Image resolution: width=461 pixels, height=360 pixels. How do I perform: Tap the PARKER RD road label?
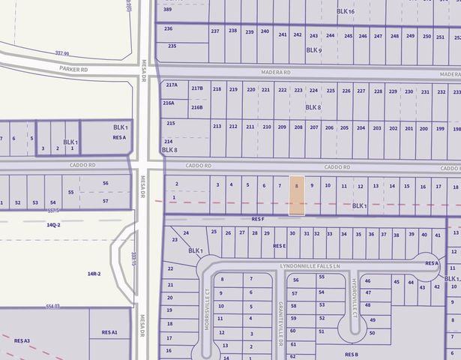pyautogui.click(x=74, y=68)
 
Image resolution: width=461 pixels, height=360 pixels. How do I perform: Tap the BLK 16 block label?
pyautogui.click(x=346, y=12)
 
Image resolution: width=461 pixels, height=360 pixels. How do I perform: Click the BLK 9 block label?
pyautogui.click(x=313, y=50)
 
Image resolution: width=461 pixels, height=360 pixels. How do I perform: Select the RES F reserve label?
pyautogui.click(x=258, y=219)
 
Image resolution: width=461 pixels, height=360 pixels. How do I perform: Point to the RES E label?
pyautogui.click(x=280, y=245)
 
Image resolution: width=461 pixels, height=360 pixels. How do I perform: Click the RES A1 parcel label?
pyautogui.click(x=109, y=331)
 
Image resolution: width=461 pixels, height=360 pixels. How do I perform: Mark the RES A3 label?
pyautogui.click(x=22, y=340)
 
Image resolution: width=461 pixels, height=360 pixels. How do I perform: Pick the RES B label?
pyautogui.click(x=352, y=354)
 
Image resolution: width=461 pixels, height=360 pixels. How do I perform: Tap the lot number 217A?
pyautogui.click(x=172, y=85)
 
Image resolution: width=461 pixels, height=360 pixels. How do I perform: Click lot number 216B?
pyautogui.click(x=196, y=107)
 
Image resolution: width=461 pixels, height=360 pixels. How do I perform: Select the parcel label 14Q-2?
pyautogui.click(x=52, y=224)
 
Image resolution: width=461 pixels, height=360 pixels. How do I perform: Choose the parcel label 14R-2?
pyautogui.click(x=94, y=274)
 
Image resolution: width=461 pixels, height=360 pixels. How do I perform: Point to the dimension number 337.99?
pyautogui.click(x=62, y=54)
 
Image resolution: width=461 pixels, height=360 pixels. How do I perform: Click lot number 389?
pyautogui.click(x=168, y=9)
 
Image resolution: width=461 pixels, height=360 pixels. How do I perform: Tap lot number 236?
pyautogui.click(x=169, y=28)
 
